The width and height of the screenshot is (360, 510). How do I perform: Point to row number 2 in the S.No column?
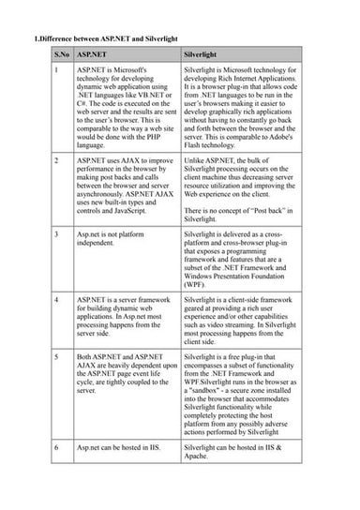57,162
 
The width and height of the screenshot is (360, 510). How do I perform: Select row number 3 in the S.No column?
57,231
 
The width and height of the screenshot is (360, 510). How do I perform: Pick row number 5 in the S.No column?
57,357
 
